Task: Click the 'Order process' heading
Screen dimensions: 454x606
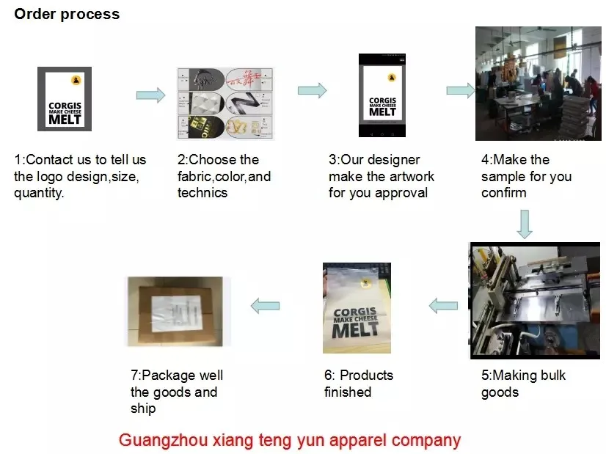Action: pos(67,14)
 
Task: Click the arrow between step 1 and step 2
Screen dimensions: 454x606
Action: pos(150,95)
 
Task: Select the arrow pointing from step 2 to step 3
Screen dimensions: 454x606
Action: pos(312,90)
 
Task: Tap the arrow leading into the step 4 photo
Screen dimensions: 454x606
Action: pos(460,90)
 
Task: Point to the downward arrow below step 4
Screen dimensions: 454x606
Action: pos(524,224)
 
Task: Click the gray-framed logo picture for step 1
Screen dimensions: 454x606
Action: pos(65,99)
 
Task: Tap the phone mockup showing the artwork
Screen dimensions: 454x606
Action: pos(382,95)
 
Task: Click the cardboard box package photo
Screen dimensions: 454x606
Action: pos(177,311)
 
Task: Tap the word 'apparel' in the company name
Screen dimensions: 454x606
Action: pos(343,440)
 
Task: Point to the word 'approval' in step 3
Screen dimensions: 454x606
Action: pos(401,193)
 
